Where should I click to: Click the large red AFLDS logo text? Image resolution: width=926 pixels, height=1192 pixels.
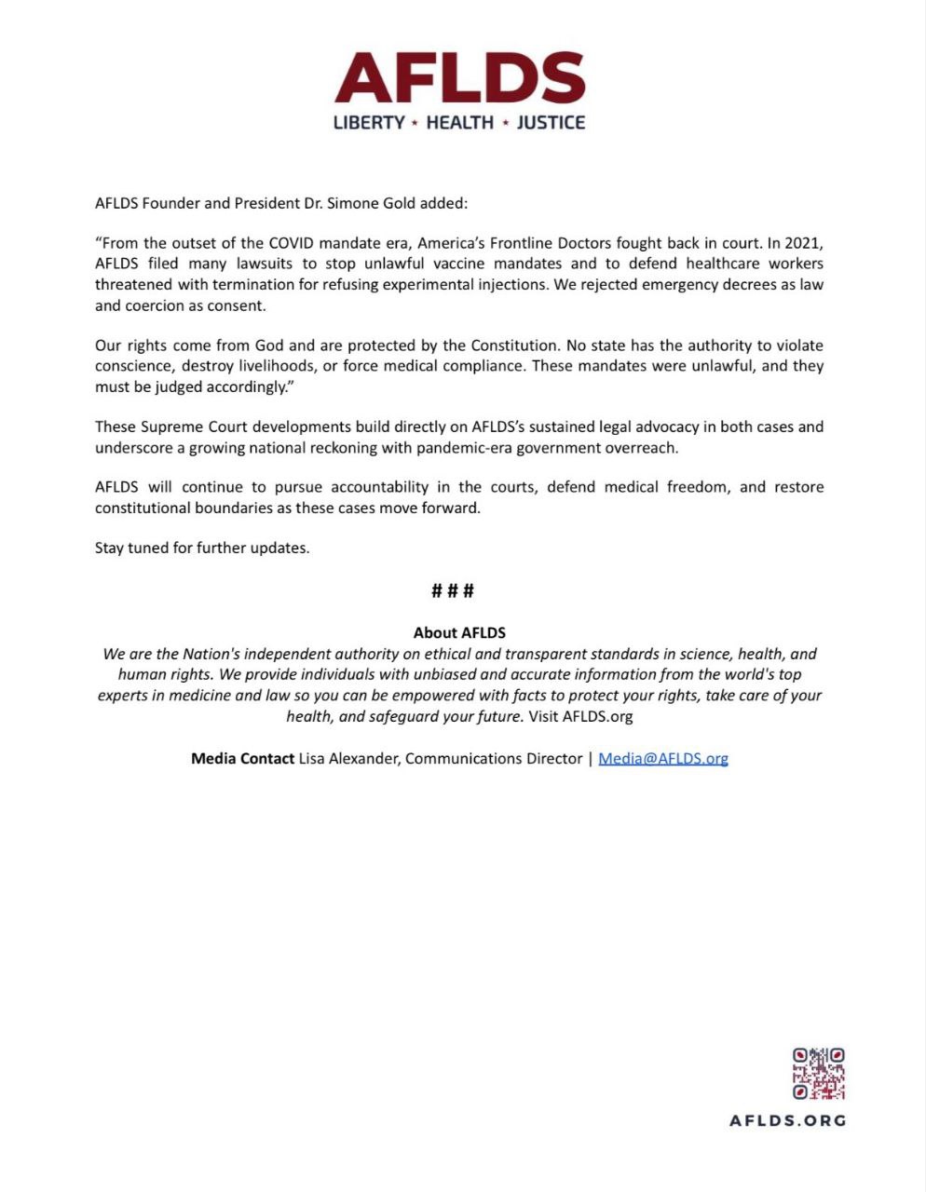pyautogui.click(x=459, y=78)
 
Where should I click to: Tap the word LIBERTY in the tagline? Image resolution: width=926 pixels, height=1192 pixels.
pyautogui.click(x=369, y=123)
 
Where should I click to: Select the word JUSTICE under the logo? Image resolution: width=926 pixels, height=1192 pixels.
pyautogui.click(x=551, y=123)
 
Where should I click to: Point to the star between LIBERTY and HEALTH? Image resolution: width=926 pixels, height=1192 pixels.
pyautogui.click(x=415, y=123)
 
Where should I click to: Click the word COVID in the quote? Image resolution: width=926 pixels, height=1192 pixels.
pyautogui.click(x=293, y=244)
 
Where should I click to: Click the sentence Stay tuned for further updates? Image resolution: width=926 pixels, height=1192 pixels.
pyautogui.click(x=202, y=548)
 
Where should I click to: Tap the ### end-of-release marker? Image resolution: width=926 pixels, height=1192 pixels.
pyautogui.click(x=454, y=590)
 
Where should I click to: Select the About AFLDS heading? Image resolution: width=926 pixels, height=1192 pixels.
pyautogui.click(x=459, y=633)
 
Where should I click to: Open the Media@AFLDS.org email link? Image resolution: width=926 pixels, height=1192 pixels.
pyautogui.click(x=663, y=758)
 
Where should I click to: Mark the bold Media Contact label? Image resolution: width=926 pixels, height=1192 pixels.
pyautogui.click(x=242, y=758)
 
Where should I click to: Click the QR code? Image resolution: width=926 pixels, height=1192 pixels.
pyautogui.click(x=819, y=1074)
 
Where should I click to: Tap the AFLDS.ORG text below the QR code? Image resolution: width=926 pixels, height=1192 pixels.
pyautogui.click(x=788, y=1121)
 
